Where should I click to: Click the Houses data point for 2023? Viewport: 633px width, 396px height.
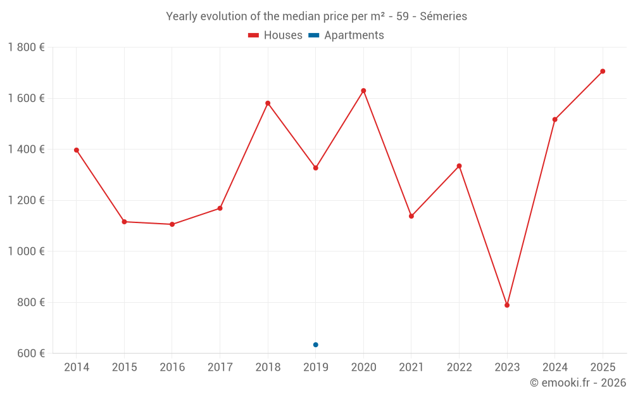pos(507,305)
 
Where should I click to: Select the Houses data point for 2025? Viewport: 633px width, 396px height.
pos(603,71)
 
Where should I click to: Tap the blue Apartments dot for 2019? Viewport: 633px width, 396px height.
pos(316,345)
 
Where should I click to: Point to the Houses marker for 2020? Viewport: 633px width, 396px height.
pos(363,91)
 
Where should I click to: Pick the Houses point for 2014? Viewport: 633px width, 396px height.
pos(77,150)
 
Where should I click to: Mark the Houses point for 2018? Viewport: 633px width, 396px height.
pos(268,103)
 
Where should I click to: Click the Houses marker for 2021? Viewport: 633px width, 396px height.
pos(411,216)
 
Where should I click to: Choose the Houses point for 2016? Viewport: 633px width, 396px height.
pos(172,224)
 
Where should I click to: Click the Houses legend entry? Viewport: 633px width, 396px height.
pos(275,35)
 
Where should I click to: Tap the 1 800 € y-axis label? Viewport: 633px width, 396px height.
pos(26,48)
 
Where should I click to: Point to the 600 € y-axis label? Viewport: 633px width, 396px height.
pos(30,354)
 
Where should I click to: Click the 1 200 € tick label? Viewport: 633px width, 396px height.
pos(26,200)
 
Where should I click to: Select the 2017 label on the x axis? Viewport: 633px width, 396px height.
pos(220,367)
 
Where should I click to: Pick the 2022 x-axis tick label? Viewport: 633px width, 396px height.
pos(459,367)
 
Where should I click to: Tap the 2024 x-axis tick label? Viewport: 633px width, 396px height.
pos(555,367)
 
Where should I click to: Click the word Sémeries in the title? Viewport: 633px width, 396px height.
pos(443,16)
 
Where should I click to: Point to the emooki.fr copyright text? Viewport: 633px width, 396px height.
pos(577,383)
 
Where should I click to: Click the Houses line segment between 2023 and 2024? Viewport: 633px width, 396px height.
pos(531,212)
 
